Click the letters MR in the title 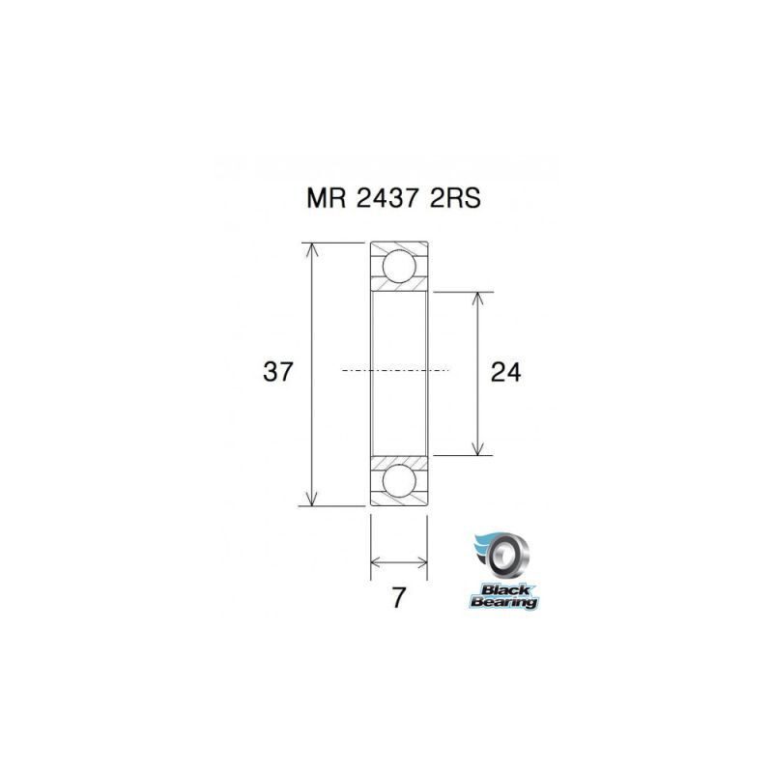322,198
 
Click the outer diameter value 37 278,372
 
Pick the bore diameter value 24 505,372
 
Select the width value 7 397,597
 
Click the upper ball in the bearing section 399,266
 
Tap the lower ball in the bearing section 399,480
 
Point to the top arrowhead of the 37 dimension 310,248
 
